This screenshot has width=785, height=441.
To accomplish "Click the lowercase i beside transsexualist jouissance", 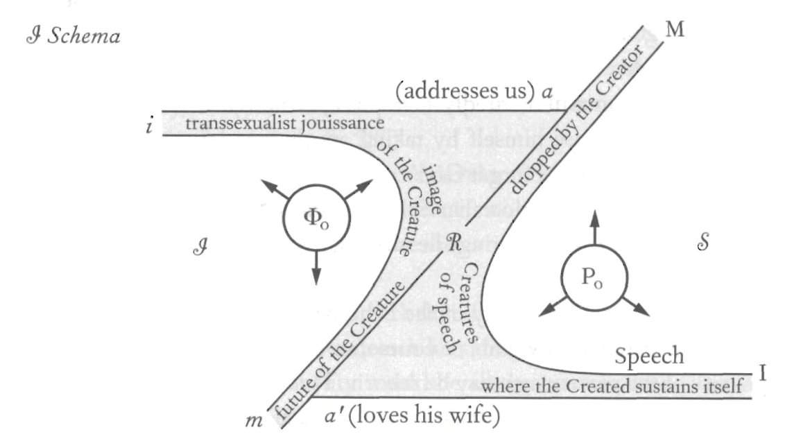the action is point(149,128).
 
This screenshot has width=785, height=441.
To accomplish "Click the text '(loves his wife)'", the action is point(422,417).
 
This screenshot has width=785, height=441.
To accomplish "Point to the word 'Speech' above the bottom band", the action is point(650,356).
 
